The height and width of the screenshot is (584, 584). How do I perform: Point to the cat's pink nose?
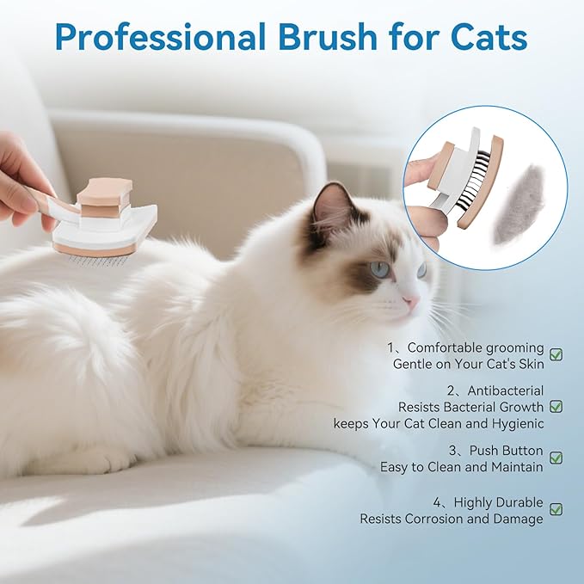coord(411,302)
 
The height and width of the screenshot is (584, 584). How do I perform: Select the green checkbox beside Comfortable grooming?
coord(556,355)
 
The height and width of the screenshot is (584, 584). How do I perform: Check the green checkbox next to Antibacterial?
coord(556,406)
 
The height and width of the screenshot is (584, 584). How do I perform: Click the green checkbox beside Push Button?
coord(556,458)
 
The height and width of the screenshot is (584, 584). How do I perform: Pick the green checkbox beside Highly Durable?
coord(556,509)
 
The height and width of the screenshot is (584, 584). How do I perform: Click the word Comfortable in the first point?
coord(447,348)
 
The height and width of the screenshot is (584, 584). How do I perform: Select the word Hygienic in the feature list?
coord(513,423)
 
